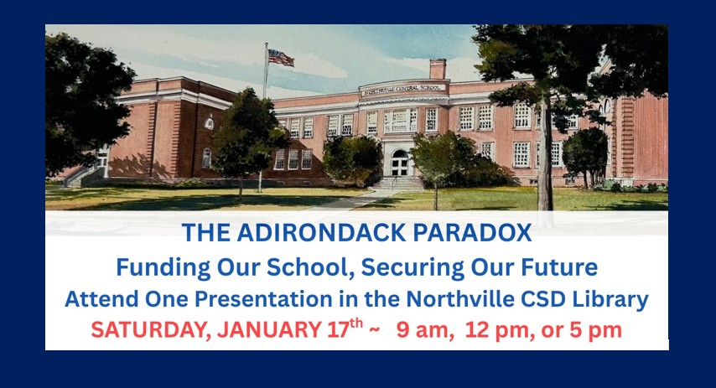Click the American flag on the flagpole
click(x=280, y=57)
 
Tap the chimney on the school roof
click(x=437, y=69)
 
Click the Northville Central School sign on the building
click(x=404, y=89)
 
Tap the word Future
click(x=563, y=267)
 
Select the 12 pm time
click(x=485, y=330)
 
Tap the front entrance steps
click(x=398, y=183)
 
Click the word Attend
click(x=97, y=297)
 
